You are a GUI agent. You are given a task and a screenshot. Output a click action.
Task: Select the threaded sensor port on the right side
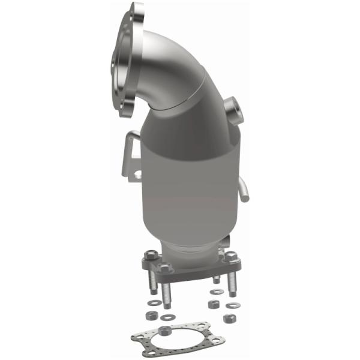click(232, 111)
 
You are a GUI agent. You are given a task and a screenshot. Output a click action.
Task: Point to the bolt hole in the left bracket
click(137, 175)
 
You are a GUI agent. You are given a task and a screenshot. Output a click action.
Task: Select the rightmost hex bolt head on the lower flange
click(230, 256)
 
